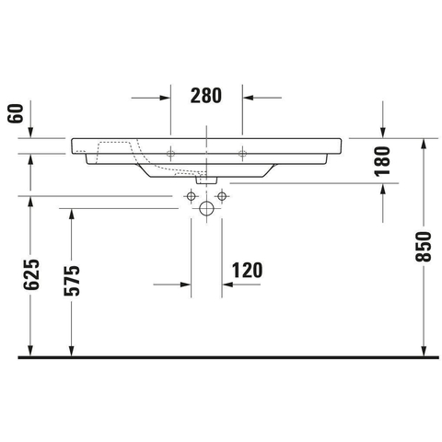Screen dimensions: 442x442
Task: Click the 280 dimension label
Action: [x=206, y=96]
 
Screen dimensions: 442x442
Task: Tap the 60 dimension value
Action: [x=16, y=113]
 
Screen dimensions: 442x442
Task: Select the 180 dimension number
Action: [x=382, y=161]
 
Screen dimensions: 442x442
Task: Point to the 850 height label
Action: [x=424, y=247]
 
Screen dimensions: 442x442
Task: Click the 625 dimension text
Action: [x=31, y=274]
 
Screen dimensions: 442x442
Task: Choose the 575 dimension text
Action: [x=72, y=281]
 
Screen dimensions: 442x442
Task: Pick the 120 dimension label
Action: [x=247, y=270]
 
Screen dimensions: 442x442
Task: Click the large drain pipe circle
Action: [x=206, y=209]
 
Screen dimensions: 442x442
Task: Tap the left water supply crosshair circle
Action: [x=191, y=196]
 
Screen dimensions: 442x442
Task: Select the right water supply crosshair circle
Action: [x=222, y=196]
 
